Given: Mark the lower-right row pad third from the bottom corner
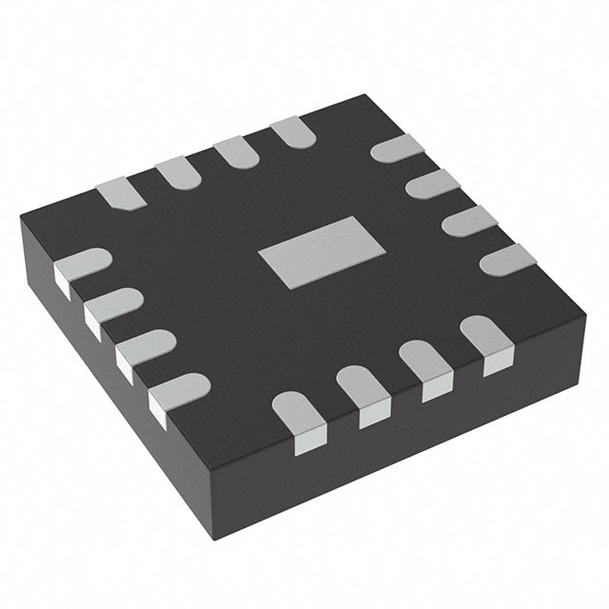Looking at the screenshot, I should [424, 365].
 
